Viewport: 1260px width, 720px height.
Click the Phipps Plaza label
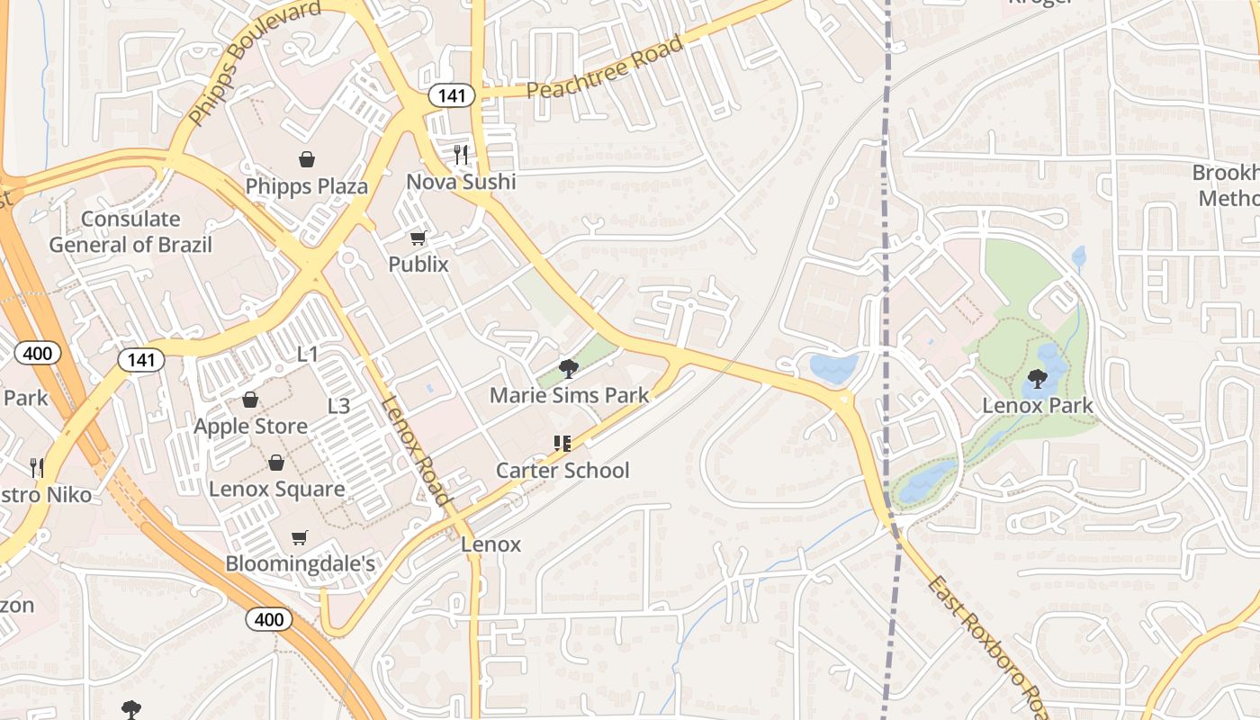[307, 186]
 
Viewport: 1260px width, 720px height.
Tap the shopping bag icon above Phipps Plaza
[307, 160]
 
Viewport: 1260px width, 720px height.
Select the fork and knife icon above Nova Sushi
[461, 155]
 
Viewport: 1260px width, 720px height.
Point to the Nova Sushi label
[461, 182]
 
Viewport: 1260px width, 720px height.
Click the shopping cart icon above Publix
[418, 238]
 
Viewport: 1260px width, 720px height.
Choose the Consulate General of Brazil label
[130, 231]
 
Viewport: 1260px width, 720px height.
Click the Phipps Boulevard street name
[255, 62]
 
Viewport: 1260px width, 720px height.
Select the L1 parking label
[308, 355]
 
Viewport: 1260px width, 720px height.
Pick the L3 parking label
[338, 406]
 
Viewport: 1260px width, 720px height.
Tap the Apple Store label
[250, 426]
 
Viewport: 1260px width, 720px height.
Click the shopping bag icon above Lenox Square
[276, 463]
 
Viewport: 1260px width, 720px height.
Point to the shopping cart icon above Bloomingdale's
[300, 537]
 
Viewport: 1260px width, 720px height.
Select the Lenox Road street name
[416, 450]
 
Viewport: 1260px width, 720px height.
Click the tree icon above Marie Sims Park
[568, 368]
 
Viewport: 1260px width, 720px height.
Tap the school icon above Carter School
[563, 444]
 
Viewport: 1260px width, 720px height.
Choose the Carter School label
[563, 470]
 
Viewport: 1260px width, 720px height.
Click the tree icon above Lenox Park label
[1037, 379]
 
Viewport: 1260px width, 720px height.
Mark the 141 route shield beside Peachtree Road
[451, 95]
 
